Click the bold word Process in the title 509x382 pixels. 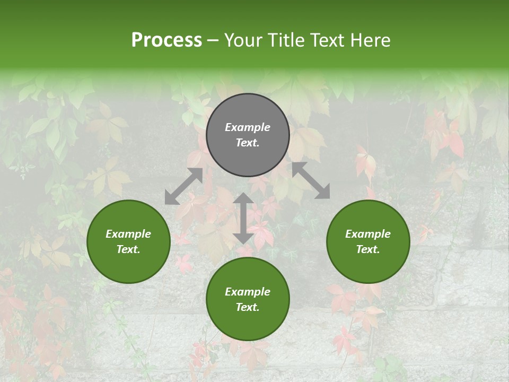[166, 40]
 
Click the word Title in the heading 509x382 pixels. [288, 40]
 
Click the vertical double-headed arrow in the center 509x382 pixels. [243, 219]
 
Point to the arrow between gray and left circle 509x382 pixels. [183, 186]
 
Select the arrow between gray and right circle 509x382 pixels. [311, 181]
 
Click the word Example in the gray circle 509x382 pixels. [248, 127]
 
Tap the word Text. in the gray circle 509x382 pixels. [248, 143]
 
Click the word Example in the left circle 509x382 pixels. [128, 234]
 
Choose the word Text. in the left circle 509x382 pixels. [128, 249]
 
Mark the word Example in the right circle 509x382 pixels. [368, 234]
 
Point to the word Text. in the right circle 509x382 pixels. [368, 249]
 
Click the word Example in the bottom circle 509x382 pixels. [248, 292]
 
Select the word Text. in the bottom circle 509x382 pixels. [248, 307]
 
